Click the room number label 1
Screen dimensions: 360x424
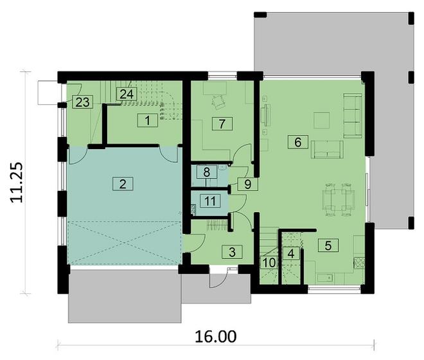coord(147,120)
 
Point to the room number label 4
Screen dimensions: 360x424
coord(292,253)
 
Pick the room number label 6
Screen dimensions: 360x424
coord(297,141)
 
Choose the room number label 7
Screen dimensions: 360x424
coord(222,123)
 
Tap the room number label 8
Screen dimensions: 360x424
coord(206,172)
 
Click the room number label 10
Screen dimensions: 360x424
coord(269,262)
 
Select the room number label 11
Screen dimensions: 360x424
coord(209,200)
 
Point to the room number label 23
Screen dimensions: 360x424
coord(82,102)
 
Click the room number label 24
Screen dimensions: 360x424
coord(126,94)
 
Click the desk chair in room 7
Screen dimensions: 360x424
coord(218,101)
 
